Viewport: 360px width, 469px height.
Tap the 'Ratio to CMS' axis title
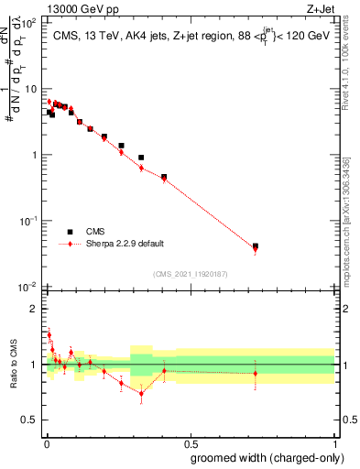pos(13,365)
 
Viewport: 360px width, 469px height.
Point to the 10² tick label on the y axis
pos(27,23)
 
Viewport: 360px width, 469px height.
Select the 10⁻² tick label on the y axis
pos(27,287)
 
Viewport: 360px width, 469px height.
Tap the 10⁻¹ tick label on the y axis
pos(27,221)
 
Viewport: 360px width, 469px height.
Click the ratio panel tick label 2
pos(34,309)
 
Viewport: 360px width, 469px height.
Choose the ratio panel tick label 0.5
pos(29,420)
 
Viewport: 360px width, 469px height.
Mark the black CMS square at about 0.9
pos(141,158)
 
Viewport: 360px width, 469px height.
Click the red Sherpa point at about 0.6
pos(141,168)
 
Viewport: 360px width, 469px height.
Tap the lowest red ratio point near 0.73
pos(141,393)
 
